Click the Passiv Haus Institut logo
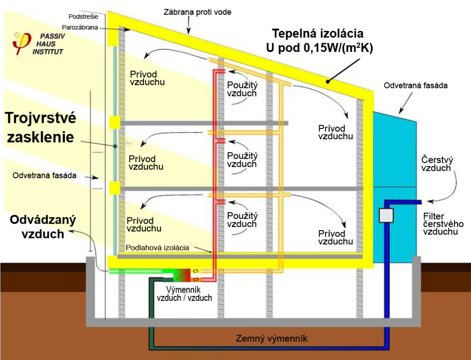pos(38,43)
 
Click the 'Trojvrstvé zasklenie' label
pos(40,127)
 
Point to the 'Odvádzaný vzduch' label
pos(43,226)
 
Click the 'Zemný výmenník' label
pos(271,339)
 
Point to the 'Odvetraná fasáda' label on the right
pos(415,85)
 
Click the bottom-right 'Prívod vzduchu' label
pos(335,238)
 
